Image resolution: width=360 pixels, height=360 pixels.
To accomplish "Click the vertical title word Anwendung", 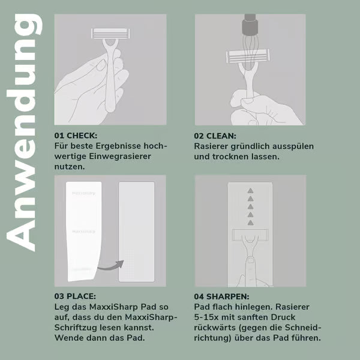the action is [x=24, y=133].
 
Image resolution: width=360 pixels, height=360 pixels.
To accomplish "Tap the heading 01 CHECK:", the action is [x=76, y=136].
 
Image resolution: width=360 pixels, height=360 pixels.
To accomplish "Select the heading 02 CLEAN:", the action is [x=215, y=136].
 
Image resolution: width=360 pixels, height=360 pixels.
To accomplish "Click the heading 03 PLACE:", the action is [x=75, y=296].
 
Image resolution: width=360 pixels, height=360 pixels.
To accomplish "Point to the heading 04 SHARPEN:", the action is [x=221, y=296].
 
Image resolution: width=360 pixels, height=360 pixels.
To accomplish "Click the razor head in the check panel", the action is [x=110, y=34].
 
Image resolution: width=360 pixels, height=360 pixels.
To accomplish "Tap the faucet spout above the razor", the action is [x=250, y=25].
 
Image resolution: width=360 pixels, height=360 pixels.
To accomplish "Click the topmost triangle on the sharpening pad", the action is [x=250, y=191].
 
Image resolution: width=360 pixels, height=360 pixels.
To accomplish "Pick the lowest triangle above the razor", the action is [x=250, y=223].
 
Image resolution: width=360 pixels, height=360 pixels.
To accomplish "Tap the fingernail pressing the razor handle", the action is [x=250, y=260].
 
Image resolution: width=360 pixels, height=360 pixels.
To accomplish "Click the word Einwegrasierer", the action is [x=120, y=157].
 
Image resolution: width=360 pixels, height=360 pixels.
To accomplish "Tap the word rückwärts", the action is [x=215, y=328].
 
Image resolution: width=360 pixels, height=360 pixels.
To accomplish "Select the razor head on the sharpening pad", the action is [x=250, y=235].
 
